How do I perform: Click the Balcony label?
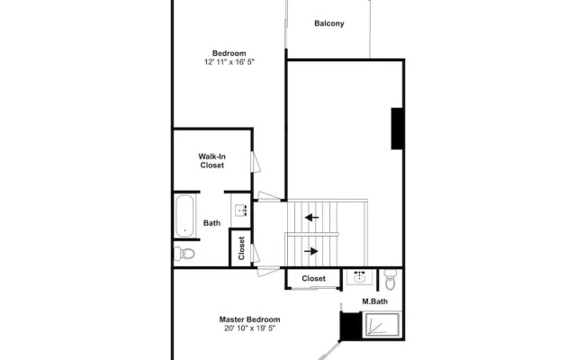(329, 23)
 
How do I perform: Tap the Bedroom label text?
(229, 52)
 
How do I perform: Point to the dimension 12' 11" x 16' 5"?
(229, 62)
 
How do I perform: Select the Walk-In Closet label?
(211, 160)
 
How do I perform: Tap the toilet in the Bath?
(185, 253)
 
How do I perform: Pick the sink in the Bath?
(241, 211)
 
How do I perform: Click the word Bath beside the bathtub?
(212, 223)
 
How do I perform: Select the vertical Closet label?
(241, 248)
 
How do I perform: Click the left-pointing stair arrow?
(311, 217)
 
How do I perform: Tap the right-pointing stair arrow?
(311, 251)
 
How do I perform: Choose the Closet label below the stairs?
(313, 279)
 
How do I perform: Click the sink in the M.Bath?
(360, 276)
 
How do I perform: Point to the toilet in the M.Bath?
(389, 275)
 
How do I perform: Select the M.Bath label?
(375, 301)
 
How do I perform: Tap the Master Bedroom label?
(249, 319)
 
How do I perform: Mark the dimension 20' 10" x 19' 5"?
(249, 328)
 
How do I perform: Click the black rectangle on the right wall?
(396, 128)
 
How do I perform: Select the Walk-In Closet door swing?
(256, 164)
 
